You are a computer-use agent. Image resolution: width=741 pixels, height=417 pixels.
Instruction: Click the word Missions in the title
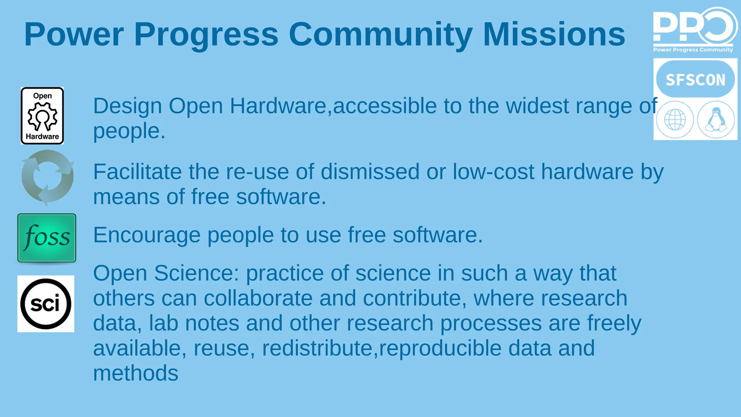[554, 34]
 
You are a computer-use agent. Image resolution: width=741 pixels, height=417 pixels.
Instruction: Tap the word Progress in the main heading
[206, 34]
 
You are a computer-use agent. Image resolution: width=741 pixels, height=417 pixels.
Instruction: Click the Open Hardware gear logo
[42, 116]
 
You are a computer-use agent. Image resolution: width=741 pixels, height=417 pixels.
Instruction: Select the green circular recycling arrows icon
[47, 177]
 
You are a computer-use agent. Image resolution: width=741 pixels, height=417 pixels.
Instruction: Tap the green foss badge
[47, 238]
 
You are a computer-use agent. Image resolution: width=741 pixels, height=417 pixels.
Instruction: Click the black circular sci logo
[46, 304]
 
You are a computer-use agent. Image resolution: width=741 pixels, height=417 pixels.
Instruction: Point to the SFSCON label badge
[695, 79]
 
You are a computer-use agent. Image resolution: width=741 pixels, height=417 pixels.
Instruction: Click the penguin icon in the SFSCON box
[716, 119]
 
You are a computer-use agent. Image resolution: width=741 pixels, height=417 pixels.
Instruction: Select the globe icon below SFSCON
[675, 119]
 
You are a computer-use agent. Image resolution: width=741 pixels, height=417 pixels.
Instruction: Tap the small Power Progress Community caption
[693, 50]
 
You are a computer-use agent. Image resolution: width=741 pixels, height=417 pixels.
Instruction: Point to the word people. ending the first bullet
[129, 131]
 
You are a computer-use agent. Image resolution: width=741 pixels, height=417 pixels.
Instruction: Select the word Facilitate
[137, 172]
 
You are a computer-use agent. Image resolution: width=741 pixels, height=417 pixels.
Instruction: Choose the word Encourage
[147, 235]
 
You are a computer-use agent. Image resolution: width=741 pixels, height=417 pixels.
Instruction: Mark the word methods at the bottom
[136, 373]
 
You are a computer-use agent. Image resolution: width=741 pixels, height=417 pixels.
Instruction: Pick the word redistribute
[317, 348]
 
